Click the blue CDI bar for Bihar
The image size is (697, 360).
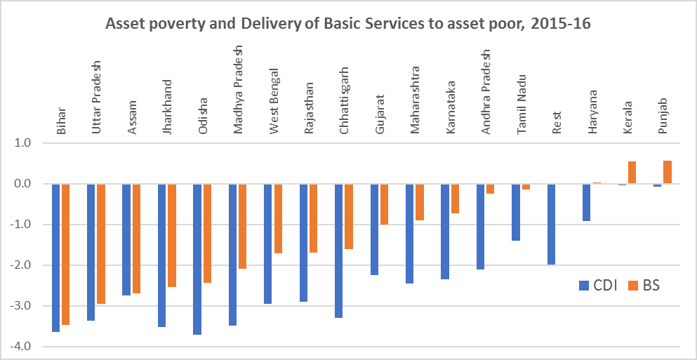pyautogui.click(x=55, y=258)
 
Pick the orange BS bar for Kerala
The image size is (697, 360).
pyautogui.click(x=632, y=173)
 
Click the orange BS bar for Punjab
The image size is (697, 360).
pyautogui.click(x=668, y=172)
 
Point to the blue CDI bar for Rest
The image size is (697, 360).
pyautogui.click(x=552, y=224)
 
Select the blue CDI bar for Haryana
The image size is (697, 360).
pyautogui.click(x=587, y=202)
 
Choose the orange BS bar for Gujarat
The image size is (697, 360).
pyautogui.click(x=384, y=204)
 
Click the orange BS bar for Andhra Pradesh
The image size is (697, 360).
pyautogui.click(x=490, y=189)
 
